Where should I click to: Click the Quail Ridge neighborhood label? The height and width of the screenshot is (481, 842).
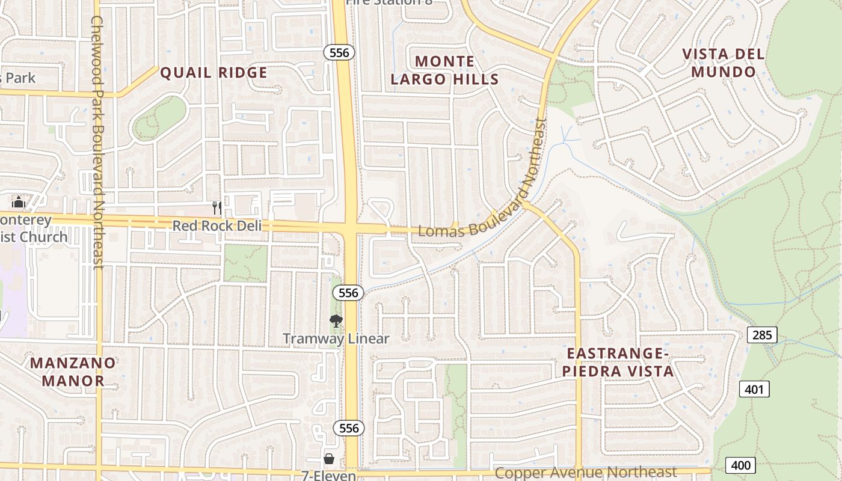pyautogui.click(x=214, y=73)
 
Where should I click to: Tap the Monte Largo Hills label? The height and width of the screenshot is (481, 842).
pyautogui.click(x=444, y=70)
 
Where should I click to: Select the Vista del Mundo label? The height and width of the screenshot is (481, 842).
pyautogui.click(x=724, y=63)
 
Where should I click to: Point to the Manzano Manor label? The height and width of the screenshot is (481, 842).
pyautogui.click(x=73, y=372)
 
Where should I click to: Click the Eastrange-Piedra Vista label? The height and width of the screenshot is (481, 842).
pyautogui.click(x=618, y=362)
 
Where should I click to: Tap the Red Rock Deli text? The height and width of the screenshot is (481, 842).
pyautogui.click(x=217, y=226)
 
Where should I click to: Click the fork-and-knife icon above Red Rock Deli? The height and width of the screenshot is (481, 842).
pyautogui.click(x=217, y=208)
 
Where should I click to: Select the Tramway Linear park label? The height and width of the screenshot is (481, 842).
pyautogui.click(x=336, y=339)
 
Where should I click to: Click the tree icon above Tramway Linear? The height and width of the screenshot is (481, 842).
pyautogui.click(x=336, y=321)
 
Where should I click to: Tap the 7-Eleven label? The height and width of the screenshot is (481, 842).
pyautogui.click(x=328, y=475)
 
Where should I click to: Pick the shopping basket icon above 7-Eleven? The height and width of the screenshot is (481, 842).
pyautogui.click(x=329, y=459)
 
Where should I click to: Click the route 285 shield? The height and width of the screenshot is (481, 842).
pyautogui.click(x=762, y=335)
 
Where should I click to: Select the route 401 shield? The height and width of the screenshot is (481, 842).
pyautogui.click(x=754, y=390)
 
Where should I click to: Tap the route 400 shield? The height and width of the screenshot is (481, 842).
pyautogui.click(x=740, y=465)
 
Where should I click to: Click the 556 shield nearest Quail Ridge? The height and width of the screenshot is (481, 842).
pyautogui.click(x=339, y=53)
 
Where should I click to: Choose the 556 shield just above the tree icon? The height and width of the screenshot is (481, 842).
pyautogui.click(x=348, y=293)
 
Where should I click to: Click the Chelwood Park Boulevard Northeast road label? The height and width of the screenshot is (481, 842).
pyautogui.click(x=98, y=142)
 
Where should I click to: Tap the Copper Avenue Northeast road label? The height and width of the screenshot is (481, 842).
pyautogui.click(x=586, y=473)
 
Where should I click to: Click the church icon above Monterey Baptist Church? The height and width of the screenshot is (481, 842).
pyautogui.click(x=19, y=202)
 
